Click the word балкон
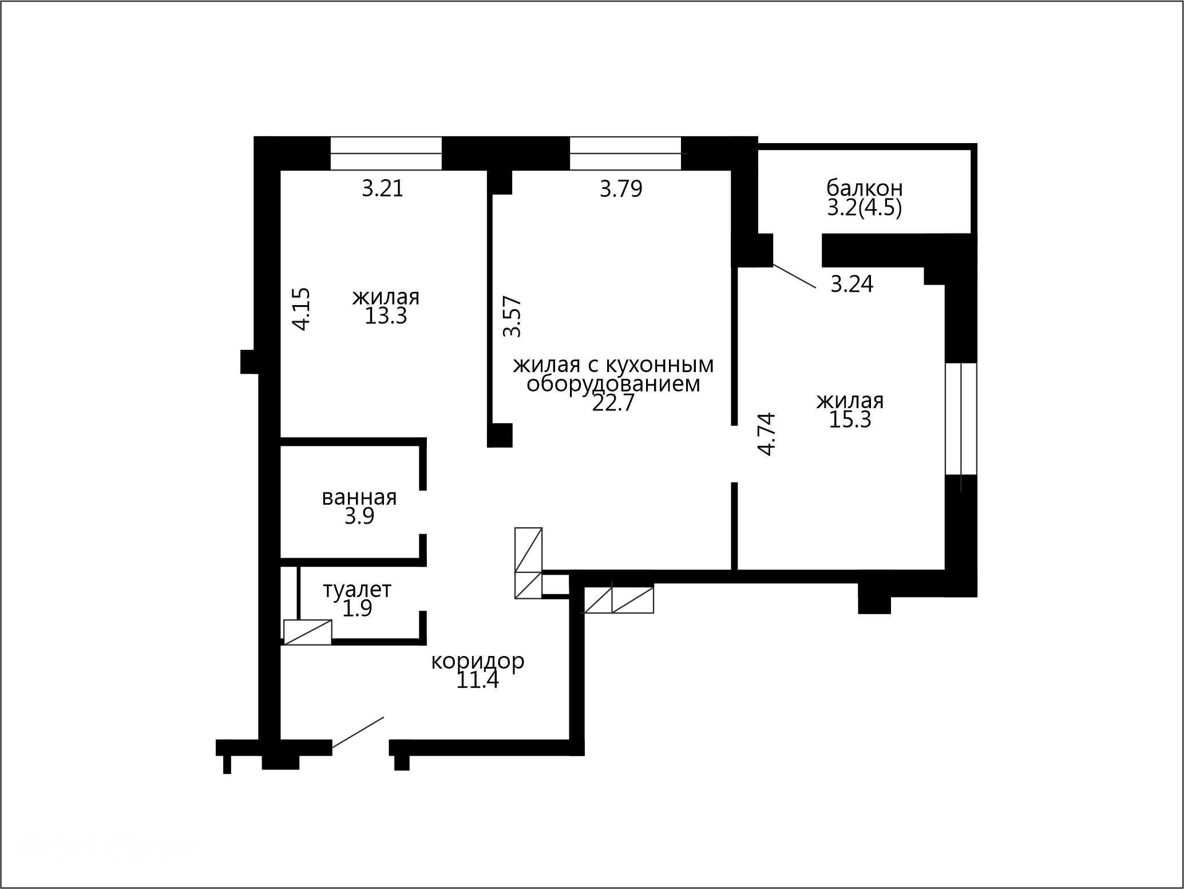[864, 188]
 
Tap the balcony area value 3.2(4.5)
[864, 207]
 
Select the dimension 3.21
[382, 188]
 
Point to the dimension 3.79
[621, 188]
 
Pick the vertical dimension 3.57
[512, 316]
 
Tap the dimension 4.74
[766, 434]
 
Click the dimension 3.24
[852, 284]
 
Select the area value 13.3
[386, 315]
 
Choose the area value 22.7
[613, 403]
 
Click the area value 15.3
[850, 420]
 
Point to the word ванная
[359, 497]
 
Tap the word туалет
[357, 590]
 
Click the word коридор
[477, 662]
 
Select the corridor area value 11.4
[477, 680]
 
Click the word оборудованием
[613, 384]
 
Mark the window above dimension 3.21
[386, 153]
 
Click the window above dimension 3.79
[625, 153]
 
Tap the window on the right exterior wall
[961, 418]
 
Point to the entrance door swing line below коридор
[358, 732]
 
